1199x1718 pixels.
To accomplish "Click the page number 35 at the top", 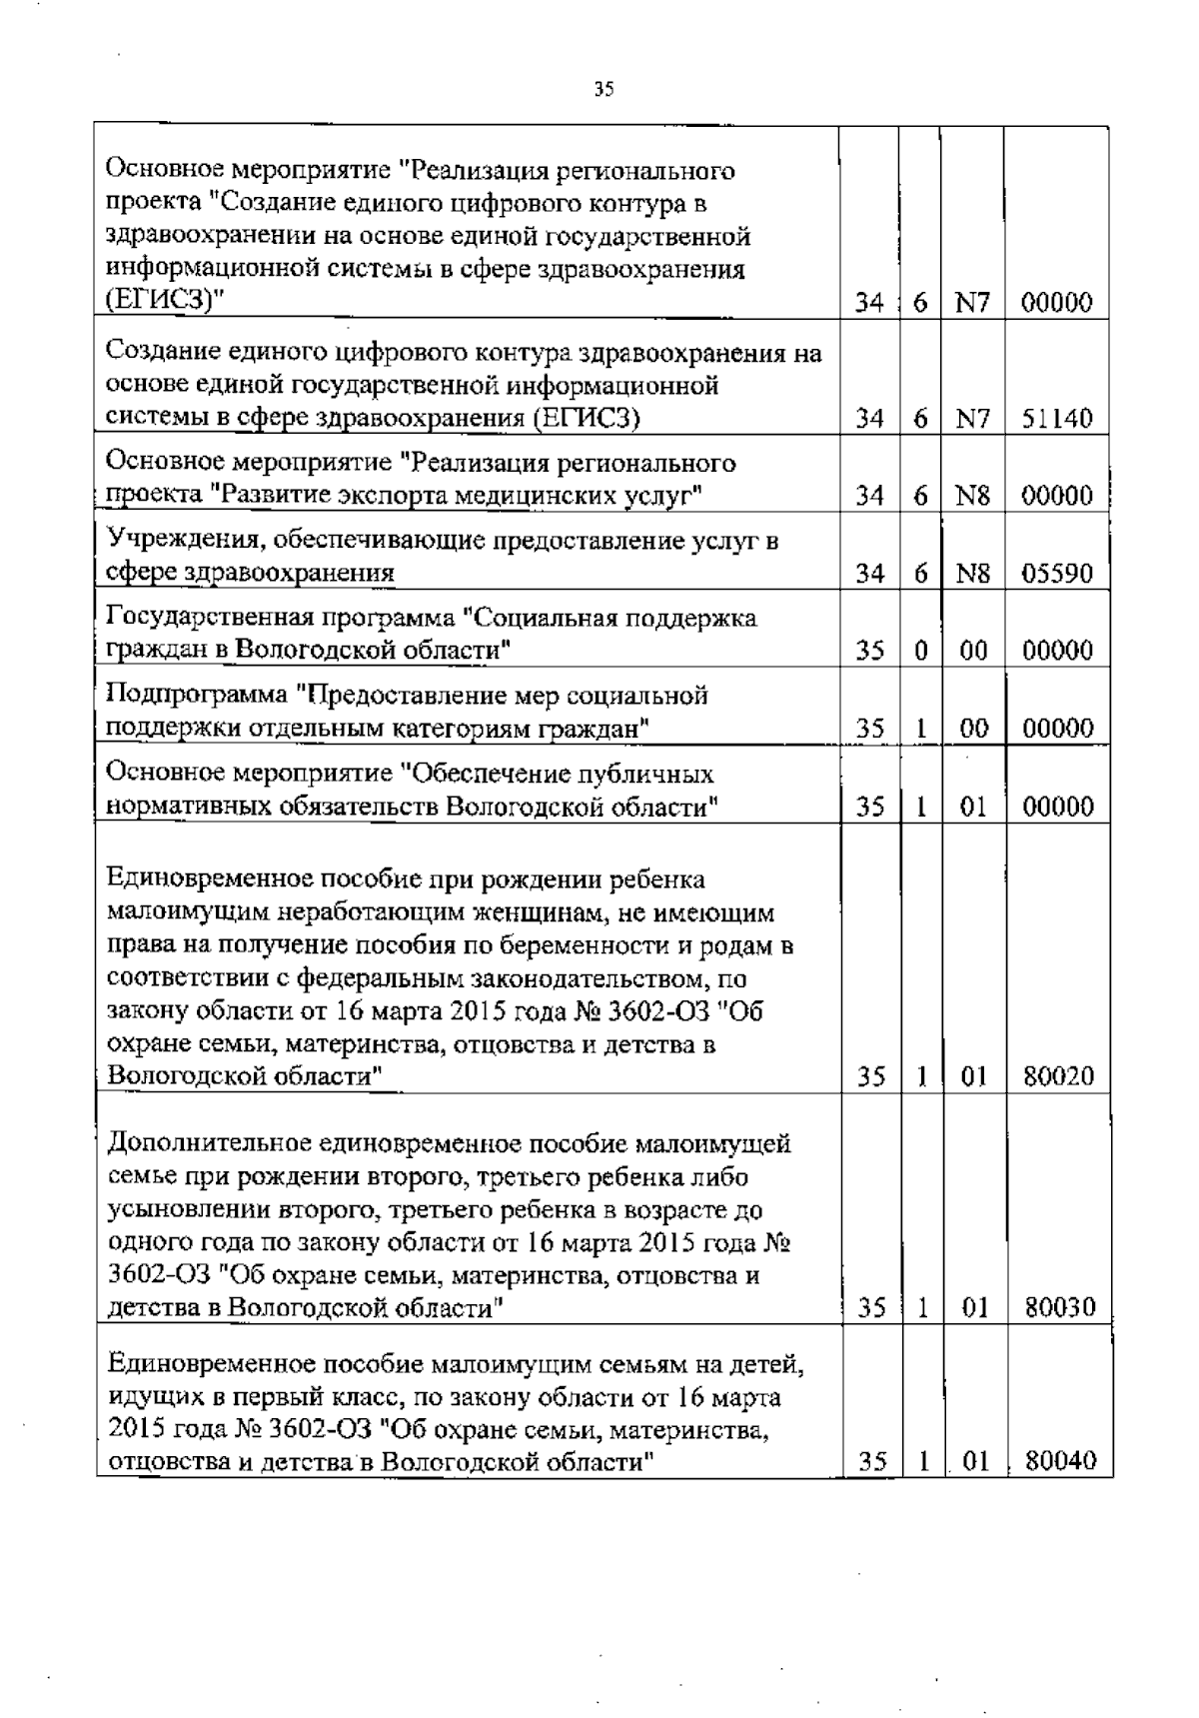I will click(603, 90).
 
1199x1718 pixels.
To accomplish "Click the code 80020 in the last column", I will click(1058, 1077).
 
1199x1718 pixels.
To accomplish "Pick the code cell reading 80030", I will click(1059, 1307).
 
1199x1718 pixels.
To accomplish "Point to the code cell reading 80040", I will click(1060, 1462).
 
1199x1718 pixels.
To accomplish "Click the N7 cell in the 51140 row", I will click(971, 419).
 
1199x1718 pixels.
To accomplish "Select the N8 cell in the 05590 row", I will click(972, 575).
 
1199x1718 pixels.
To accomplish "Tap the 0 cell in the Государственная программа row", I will click(921, 652).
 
